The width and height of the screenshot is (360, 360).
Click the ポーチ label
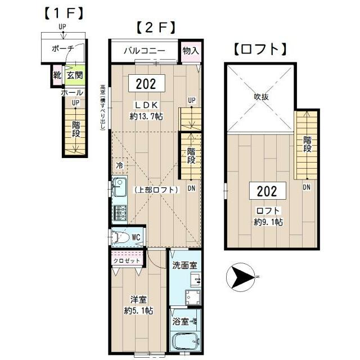point(62,49)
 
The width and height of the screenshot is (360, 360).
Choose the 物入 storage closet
point(191,51)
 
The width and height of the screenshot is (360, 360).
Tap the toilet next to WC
point(118,238)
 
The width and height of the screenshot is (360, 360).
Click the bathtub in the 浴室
point(183,341)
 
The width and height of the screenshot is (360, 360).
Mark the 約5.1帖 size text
point(139,310)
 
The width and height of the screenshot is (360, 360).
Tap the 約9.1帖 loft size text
point(268,222)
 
